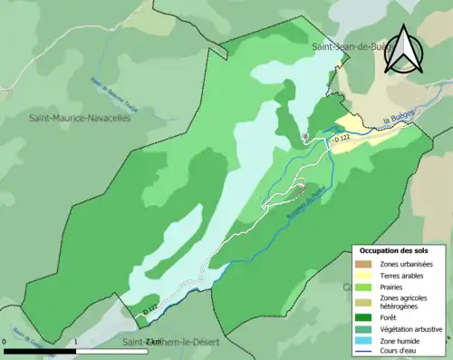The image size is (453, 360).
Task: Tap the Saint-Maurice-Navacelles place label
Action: tap(80, 118)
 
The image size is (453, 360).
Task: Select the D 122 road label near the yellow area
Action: tap(342, 139)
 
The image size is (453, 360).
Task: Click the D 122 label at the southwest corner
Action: tap(151, 310)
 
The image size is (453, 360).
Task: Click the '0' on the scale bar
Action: tap(6, 342)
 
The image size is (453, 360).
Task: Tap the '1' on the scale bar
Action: tap(76, 342)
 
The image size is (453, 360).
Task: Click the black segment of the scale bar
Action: tap(41, 350)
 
